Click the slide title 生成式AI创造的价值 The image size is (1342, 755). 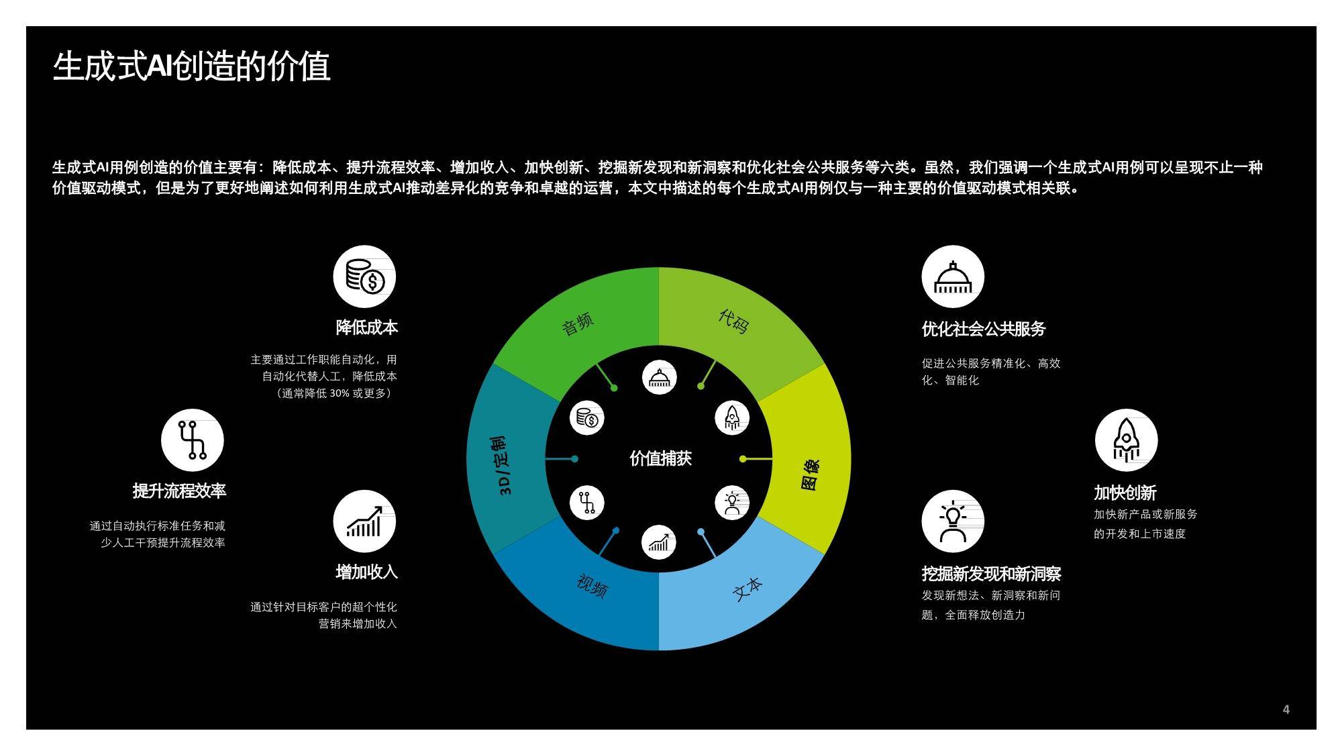tap(191, 66)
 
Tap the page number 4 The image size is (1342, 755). tap(1286, 709)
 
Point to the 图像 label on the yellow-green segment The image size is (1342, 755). tap(810, 474)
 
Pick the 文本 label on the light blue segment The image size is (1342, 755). tap(747, 588)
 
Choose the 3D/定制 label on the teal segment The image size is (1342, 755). tap(504, 465)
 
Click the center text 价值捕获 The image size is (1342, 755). tap(660, 458)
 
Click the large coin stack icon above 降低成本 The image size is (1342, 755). tap(364, 276)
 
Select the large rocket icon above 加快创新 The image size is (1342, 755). tap(1126, 440)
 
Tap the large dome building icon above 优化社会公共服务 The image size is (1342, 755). tap(953, 276)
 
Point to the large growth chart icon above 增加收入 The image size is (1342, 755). tap(364, 521)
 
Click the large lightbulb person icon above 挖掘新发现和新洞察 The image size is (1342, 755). tap(953, 521)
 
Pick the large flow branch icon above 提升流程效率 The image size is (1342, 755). tap(193, 440)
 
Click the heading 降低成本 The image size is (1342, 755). tap(366, 328)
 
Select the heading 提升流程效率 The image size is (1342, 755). tap(179, 491)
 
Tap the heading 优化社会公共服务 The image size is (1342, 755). tap(984, 329)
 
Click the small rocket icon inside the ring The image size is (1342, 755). tap(732, 418)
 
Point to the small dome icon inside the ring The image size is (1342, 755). tap(659, 377)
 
